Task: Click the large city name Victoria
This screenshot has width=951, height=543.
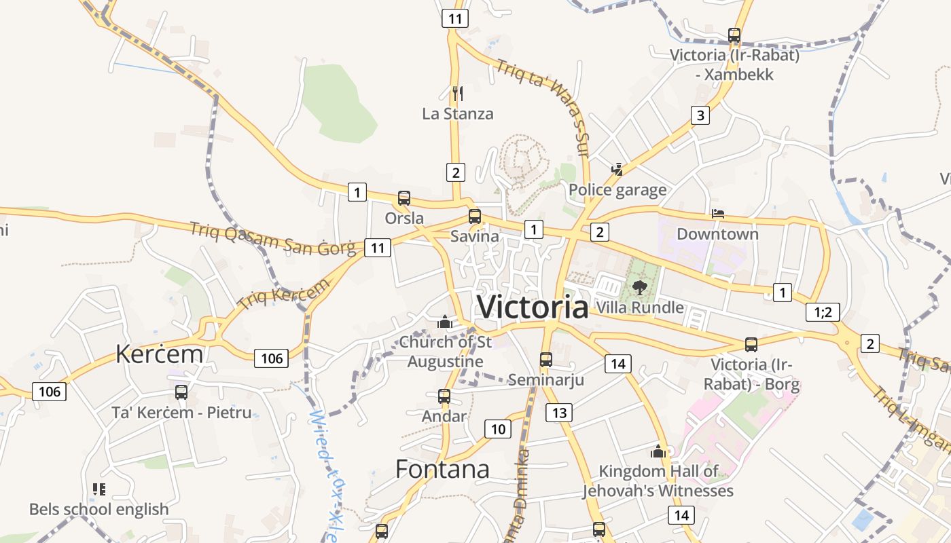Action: pyautogui.click(x=533, y=307)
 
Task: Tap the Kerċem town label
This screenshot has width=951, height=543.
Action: pyautogui.click(x=159, y=354)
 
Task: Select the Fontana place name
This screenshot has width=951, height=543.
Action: pyautogui.click(x=442, y=469)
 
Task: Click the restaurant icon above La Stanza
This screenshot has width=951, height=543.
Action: pyautogui.click(x=458, y=93)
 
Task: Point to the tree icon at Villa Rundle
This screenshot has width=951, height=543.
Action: pyautogui.click(x=639, y=287)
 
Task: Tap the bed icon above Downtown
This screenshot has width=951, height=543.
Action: pyautogui.click(x=717, y=214)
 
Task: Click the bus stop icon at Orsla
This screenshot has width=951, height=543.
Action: pyautogui.click(x=404, y=198)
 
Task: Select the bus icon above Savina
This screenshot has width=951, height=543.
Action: pyautogui.click(x=475, y=217)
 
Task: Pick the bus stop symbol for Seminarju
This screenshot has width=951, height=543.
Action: pyautogui.click(x=546, y=360)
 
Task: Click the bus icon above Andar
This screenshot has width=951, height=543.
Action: pyautogui.click(x=444, y=396)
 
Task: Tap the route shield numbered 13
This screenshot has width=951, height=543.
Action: pyautogui.click(x=559, y=412)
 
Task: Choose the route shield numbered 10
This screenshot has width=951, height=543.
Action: pyautogui.click(x=498, y=429)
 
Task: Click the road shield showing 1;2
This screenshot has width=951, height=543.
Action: pyautogui.click(x=823, y=312)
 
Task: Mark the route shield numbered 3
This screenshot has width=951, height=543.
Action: pyautogui.click(x=700, y=115)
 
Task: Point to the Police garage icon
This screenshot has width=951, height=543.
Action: pyautogui.click(x=617, y=169)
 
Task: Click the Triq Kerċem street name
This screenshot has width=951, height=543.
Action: pyautogui.click(x=283, y=295)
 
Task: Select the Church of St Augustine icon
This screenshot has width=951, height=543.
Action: pyautogui.click(x=445, y=322)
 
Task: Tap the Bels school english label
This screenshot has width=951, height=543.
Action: pyautogui.click(x=99, y=509)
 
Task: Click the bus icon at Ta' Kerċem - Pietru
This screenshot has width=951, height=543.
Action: pyautogui.click(x=181, y=392)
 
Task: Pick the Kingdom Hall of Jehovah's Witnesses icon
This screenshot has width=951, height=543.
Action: pyautogui.click(x=658, y=451)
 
